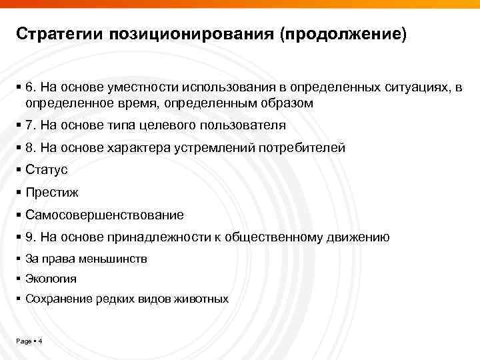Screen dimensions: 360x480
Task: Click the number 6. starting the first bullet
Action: point(31,89)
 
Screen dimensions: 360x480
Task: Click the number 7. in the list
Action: point(31,125)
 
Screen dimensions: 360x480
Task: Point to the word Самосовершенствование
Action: point(105,215)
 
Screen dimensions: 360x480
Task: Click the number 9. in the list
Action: point(31,237)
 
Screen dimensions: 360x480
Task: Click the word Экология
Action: point(51,279)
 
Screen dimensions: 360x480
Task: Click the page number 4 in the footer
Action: point(41,342)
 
